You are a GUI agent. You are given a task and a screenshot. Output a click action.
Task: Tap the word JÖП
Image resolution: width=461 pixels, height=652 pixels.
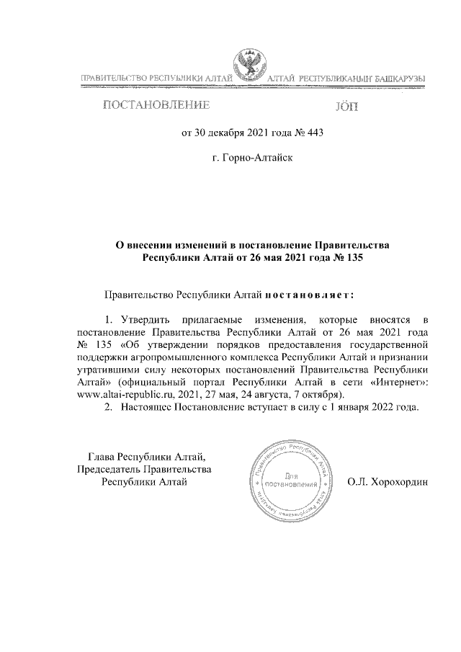tap(346, 108)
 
